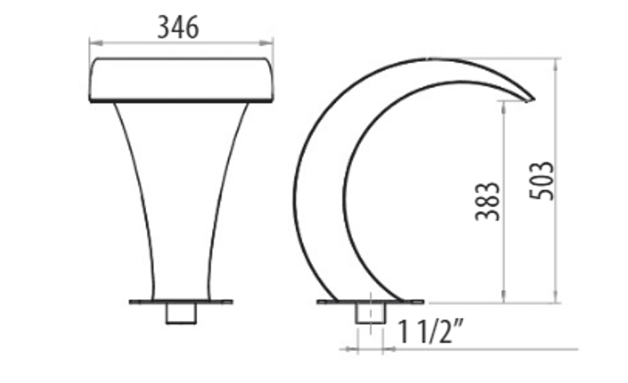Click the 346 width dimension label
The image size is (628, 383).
click(178, 27)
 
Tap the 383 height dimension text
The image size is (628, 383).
click(487, 201)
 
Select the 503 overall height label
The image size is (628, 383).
click(542, 181)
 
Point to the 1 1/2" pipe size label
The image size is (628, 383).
click(430, 332)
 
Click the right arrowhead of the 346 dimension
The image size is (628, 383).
click(266, 43)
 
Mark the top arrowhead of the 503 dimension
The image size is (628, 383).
click(557, 65)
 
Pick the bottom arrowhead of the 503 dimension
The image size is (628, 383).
click(557, 297)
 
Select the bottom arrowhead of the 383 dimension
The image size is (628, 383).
click(504, 297)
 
